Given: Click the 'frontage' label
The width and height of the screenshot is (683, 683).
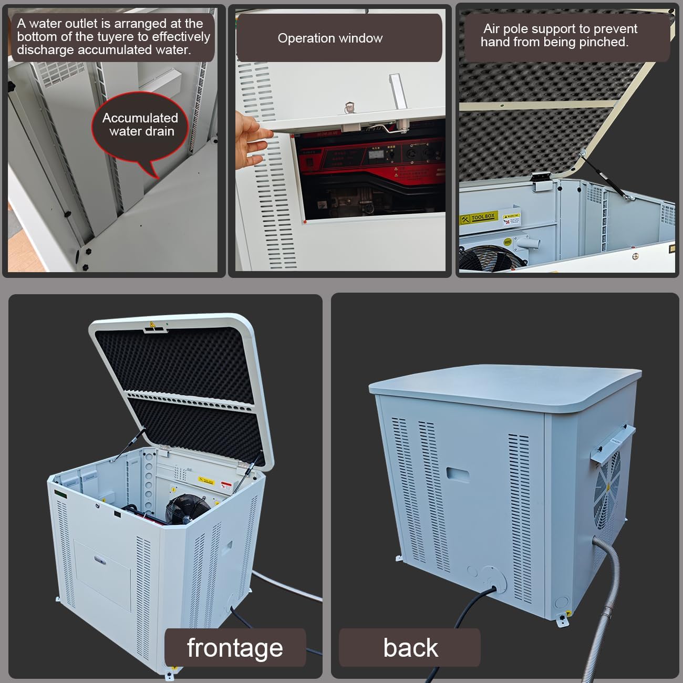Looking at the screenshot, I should point(235,647).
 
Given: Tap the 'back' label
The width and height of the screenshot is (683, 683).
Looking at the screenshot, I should point(410,647).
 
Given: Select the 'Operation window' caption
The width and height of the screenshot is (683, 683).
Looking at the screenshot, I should point(330,38).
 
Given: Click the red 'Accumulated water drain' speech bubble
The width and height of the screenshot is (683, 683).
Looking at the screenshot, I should point(140,126).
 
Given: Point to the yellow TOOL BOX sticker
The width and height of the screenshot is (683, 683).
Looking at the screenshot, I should point(478,218).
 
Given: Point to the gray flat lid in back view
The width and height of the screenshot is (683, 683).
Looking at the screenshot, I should point(504,386).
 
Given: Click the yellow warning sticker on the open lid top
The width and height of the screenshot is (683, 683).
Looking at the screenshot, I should point(152,325).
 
